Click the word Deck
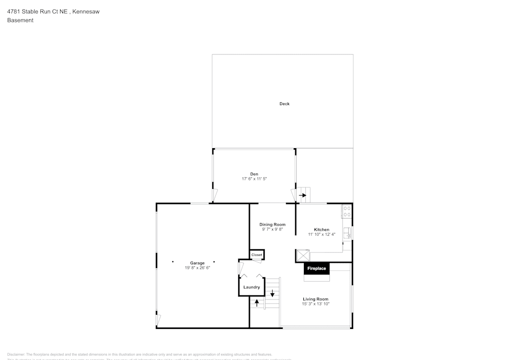[x=284, y=104]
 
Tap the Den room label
[x=254, y=174]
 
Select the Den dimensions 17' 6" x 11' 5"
[x=254, y=179]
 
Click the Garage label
[x=197, y=263]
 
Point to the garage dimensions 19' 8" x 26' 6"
[x=197, y=268]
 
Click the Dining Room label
[x=272, y=225]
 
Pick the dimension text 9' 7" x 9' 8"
[x=272, y=230]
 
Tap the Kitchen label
[x=321, y=230]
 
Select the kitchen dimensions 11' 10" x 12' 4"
[x=321, y=235]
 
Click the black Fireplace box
[x=316, y=268]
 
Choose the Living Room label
[x=316, y=299]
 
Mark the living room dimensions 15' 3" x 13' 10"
[x=316, y=304]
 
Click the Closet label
[x=257, y=255]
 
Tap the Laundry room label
[x=251, y=287]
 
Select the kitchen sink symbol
[x=348, y=233]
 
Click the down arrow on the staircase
[x=273, y=293]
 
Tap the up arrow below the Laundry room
[x=257, y=302]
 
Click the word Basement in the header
[x=20, y=20]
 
